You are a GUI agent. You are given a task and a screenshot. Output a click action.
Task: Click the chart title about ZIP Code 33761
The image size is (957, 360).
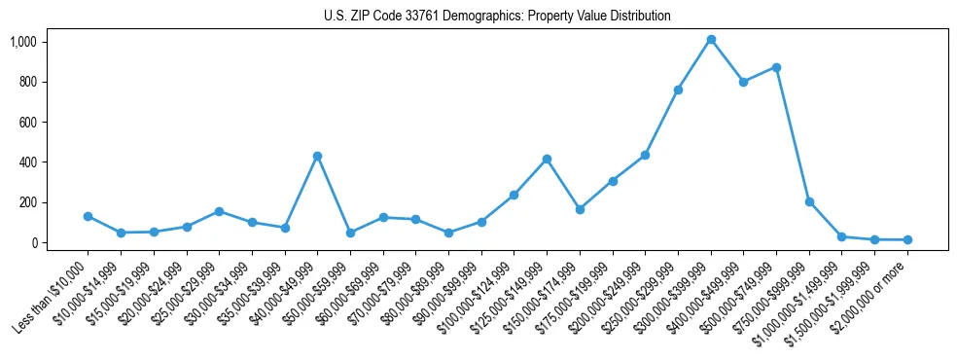[x=497, y=17]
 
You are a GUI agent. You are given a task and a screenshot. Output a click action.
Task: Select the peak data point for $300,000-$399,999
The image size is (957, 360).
[x=711, y=40]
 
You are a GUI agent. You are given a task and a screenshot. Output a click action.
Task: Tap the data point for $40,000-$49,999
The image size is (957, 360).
[x=317, y=156]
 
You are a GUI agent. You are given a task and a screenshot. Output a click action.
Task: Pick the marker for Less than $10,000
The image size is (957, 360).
[x=88, y=216]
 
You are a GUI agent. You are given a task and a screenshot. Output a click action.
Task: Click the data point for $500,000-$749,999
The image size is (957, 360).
[x=776, y=67]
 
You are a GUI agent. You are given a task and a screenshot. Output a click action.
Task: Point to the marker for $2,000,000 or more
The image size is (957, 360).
[x=907, y=239]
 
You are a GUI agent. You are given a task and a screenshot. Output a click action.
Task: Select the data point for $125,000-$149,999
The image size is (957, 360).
[x=547, y=159]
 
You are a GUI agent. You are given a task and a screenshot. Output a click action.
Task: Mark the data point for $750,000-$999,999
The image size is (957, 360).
[x=809, y=201]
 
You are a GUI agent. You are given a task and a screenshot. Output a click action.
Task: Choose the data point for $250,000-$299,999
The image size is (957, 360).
[x=678, y=90]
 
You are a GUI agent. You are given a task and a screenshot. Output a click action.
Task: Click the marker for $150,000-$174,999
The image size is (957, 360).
[x=580, y=209]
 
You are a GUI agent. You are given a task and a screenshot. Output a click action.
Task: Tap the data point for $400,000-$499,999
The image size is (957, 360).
[x=744, y=82]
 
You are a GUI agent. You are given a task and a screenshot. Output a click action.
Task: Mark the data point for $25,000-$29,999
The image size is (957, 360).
[x=219, y=211]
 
